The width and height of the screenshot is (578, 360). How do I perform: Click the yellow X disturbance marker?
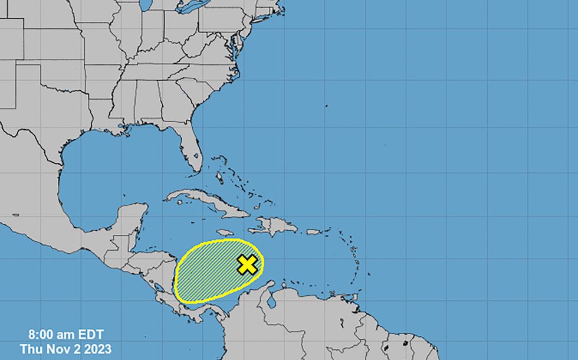(x=248, y=265)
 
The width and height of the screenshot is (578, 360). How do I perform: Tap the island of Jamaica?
(x=226, y=233)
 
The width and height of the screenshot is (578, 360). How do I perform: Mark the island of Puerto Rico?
(x=313, y=232)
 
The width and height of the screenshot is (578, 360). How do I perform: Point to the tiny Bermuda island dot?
(x=326, y=106)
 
